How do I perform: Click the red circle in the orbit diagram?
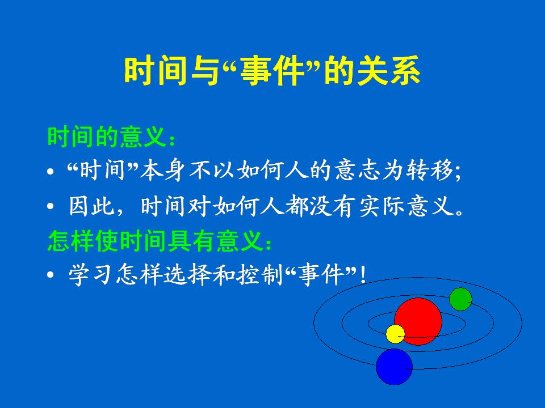point(418,321)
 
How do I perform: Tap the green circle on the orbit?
point(460,299)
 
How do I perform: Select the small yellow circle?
point(395,334)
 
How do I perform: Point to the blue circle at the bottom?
point(394,367)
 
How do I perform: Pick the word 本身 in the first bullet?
point(162,171)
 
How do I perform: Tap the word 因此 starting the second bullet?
point(91,206)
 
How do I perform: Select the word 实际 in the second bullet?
point(381,206)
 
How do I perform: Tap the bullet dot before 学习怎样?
point(51,275)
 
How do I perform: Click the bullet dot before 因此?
point(51,206)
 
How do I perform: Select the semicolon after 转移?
point(458,172)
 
